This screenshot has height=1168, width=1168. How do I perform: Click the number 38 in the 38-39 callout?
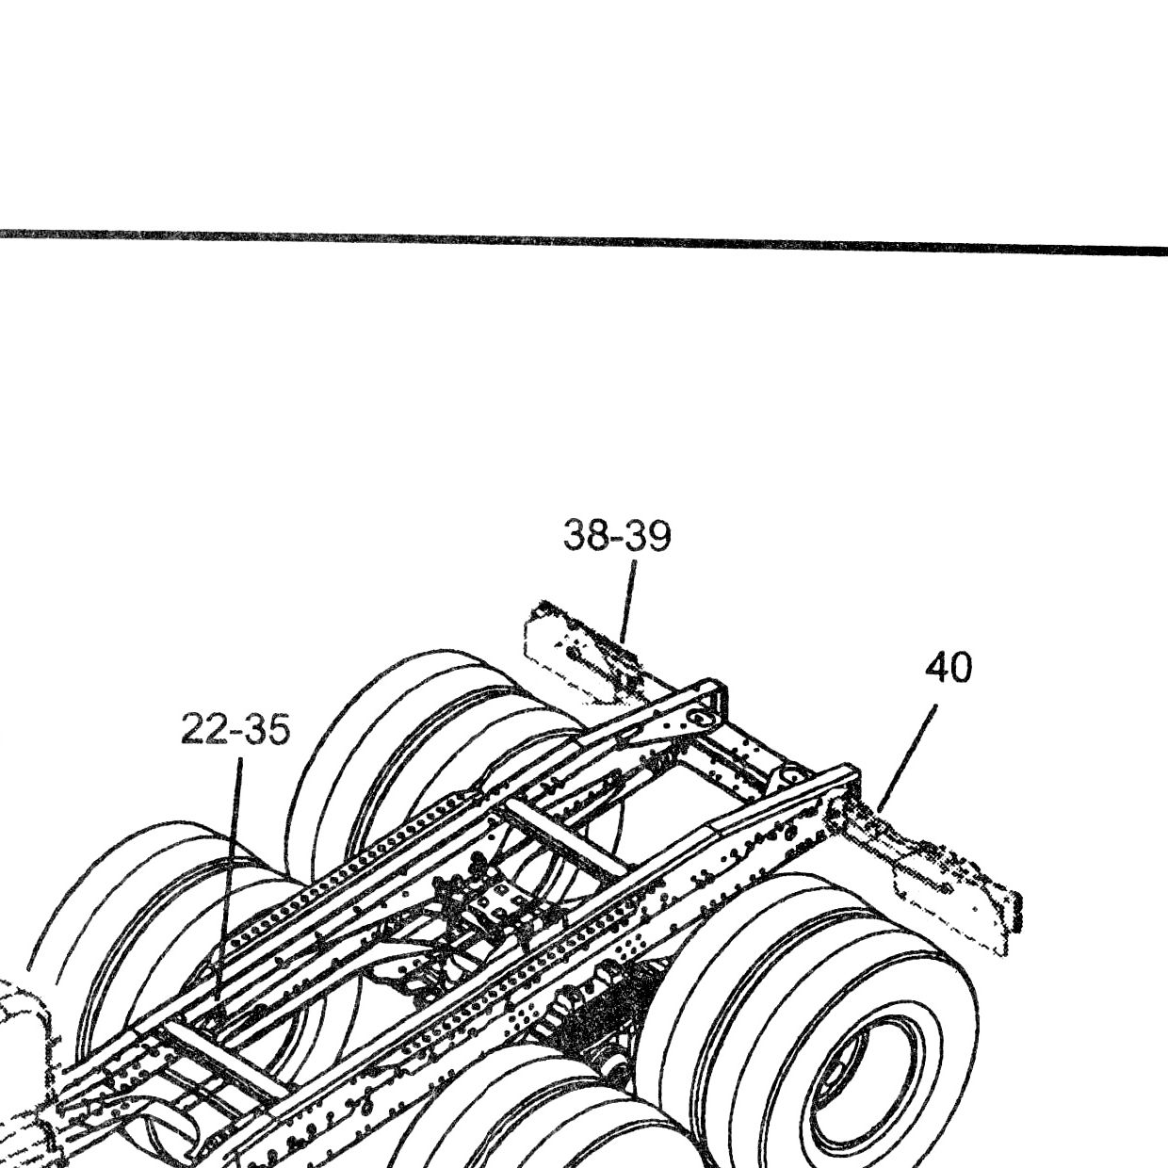point(586,536)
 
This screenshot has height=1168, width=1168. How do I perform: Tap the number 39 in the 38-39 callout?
point(649,536)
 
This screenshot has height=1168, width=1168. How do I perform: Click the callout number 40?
point(949,668)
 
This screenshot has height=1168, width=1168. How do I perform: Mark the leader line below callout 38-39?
point(628,602)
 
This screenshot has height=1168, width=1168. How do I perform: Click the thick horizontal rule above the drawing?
point(584,240)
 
